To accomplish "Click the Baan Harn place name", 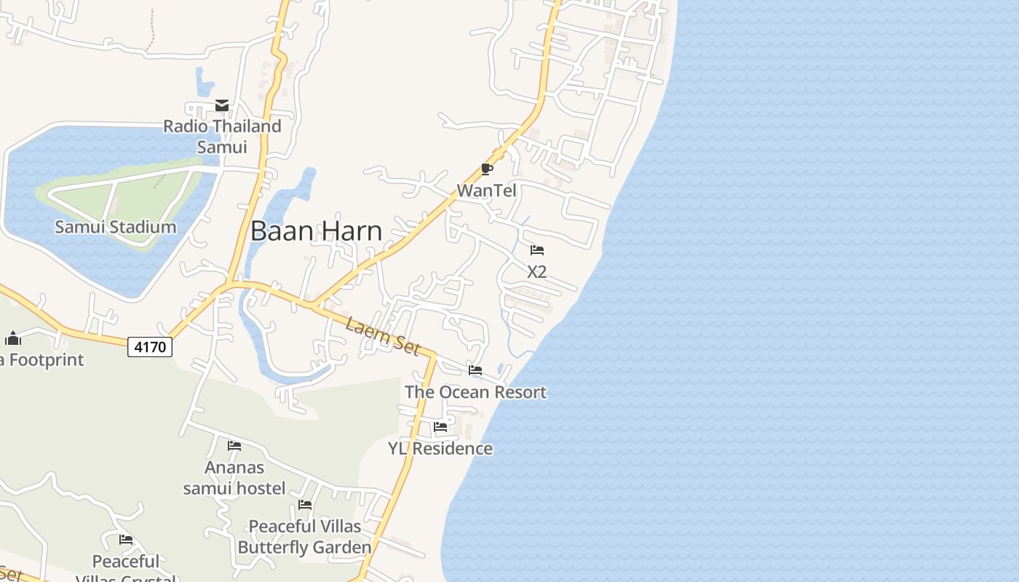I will (x=316, y=231).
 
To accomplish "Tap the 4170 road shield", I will (x=151, y=347).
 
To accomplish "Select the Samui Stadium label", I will (x=116, y=227).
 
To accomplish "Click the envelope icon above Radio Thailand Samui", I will (x=222, y=106).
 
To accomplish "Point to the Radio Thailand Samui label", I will (x=222, y=136).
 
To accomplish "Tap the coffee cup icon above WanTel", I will (x=487, y=170).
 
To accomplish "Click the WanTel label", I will (x=486, y=191).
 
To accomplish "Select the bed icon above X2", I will (x=537, y=251).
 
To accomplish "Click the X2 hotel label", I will (x=536, y=272).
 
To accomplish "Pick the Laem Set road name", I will (x=383, y=335).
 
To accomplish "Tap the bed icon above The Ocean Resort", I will (x=475, y=371).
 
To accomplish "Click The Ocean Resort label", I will (x=475, y=392).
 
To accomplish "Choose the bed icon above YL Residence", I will (x=440, y=427).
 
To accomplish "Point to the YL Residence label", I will (x=440, y=449).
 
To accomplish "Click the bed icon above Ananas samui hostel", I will (x=234, y=446).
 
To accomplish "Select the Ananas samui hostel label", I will (x=234, y=477).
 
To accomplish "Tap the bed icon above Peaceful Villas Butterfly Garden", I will (x=305, y=505).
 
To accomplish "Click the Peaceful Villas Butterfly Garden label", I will (x=305, y=536).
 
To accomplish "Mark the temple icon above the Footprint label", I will (x=13, y=338).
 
